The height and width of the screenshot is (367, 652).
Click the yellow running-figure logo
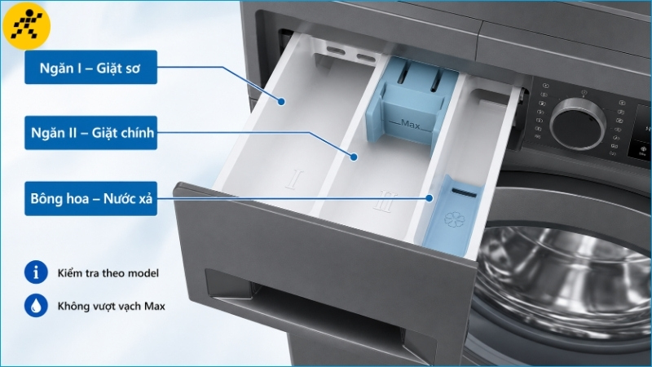click(x=27, y=26)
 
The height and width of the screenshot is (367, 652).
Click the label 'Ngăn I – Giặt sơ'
click(x=90, y=68)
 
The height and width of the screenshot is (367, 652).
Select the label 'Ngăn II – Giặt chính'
click(x=90, y=133)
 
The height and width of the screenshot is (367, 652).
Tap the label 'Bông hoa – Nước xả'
click(x=90, y=198)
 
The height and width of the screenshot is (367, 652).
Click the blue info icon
click(x=36, y=272)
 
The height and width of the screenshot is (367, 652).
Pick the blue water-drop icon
click(x=36, y=305)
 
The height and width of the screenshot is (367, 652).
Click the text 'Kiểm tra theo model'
click(x=108, y=273)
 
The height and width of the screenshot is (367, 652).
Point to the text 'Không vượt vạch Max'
click(x=112, y=307)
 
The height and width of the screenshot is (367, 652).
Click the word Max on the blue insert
click(x=411, y=125)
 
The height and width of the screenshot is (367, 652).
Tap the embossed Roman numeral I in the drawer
click(x=295, y=179)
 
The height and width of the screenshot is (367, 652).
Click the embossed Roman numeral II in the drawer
click(x=385, y=201)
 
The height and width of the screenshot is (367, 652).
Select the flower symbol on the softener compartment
click(x=454, y=220)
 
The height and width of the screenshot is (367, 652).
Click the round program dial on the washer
click(x=578, y=124)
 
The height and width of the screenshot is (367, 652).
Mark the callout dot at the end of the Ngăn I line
click(x=281, y=101)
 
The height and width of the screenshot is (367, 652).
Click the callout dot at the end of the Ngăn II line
click(x=354, y=157)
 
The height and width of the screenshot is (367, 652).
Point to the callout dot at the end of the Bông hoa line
click(x=430, y=198)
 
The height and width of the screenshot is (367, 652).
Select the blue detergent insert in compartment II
click(x=410, y=102)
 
